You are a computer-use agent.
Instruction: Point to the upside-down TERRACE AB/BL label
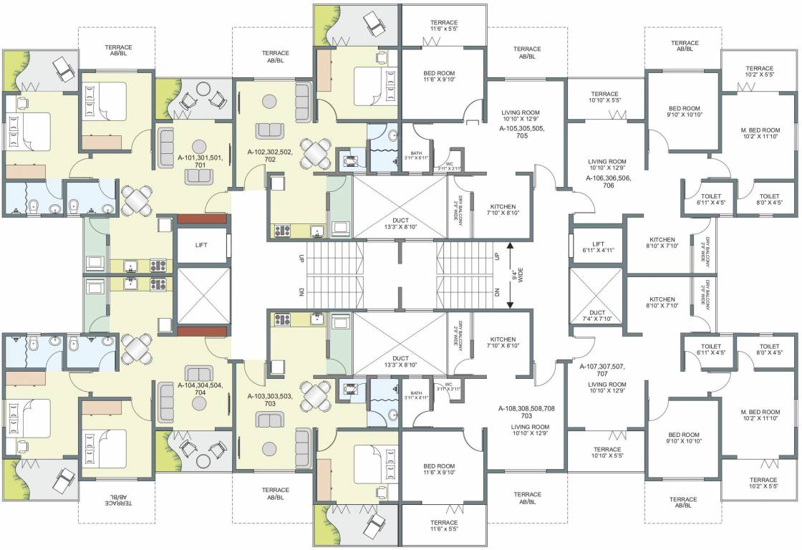[x=115, y=498]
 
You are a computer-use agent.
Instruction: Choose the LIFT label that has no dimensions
[x=202, y=245]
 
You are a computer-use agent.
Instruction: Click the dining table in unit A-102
[x=314, y=153]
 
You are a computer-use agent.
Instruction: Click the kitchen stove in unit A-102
[x=281, y=231]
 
